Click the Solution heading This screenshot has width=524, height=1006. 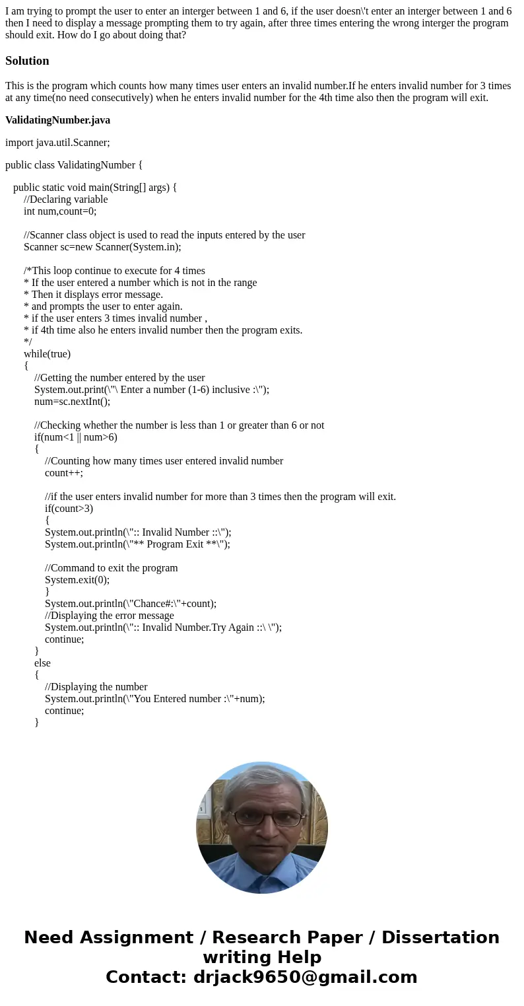tap(27, 61)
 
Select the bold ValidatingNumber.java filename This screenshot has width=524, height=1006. tap(57, 120)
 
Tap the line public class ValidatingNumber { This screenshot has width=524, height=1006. tap(74, 164)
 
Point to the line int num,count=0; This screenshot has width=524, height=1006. tap(60, 211)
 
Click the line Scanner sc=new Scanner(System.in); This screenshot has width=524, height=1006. tap(102, 247)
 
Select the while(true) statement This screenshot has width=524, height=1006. tap(47, 354)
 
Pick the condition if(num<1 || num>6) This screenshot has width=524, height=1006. tap(75, 437)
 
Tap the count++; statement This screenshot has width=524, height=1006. tap(64, 473)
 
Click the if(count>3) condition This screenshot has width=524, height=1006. tap(69, 509)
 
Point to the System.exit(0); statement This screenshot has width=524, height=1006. tap(77, 580)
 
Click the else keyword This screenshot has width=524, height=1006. tap(42, 663)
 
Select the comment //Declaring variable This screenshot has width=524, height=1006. tap(65, 199)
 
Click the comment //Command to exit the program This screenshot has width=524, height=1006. tap(111, 568)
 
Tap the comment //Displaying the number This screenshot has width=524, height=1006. tap(96, 687)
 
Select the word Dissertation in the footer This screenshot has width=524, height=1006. tap(440, 937)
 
